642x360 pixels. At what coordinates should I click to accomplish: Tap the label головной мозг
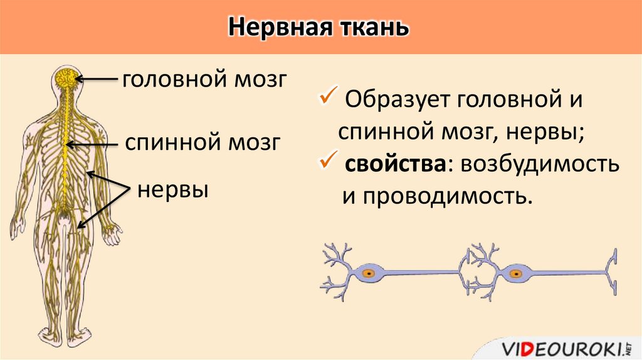(x=204, y=80)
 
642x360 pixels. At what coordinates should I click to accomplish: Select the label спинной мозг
(x=202, y=142)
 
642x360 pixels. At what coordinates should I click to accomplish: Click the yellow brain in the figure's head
(x=65, y=78)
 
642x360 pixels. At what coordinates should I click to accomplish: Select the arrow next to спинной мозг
(x=93, y=144)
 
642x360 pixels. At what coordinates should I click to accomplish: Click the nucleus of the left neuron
(x=369, y=273)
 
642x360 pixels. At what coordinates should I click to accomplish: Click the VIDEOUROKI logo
(x=568, y=347)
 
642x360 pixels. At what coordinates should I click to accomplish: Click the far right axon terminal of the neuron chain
(x=613, y=271)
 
